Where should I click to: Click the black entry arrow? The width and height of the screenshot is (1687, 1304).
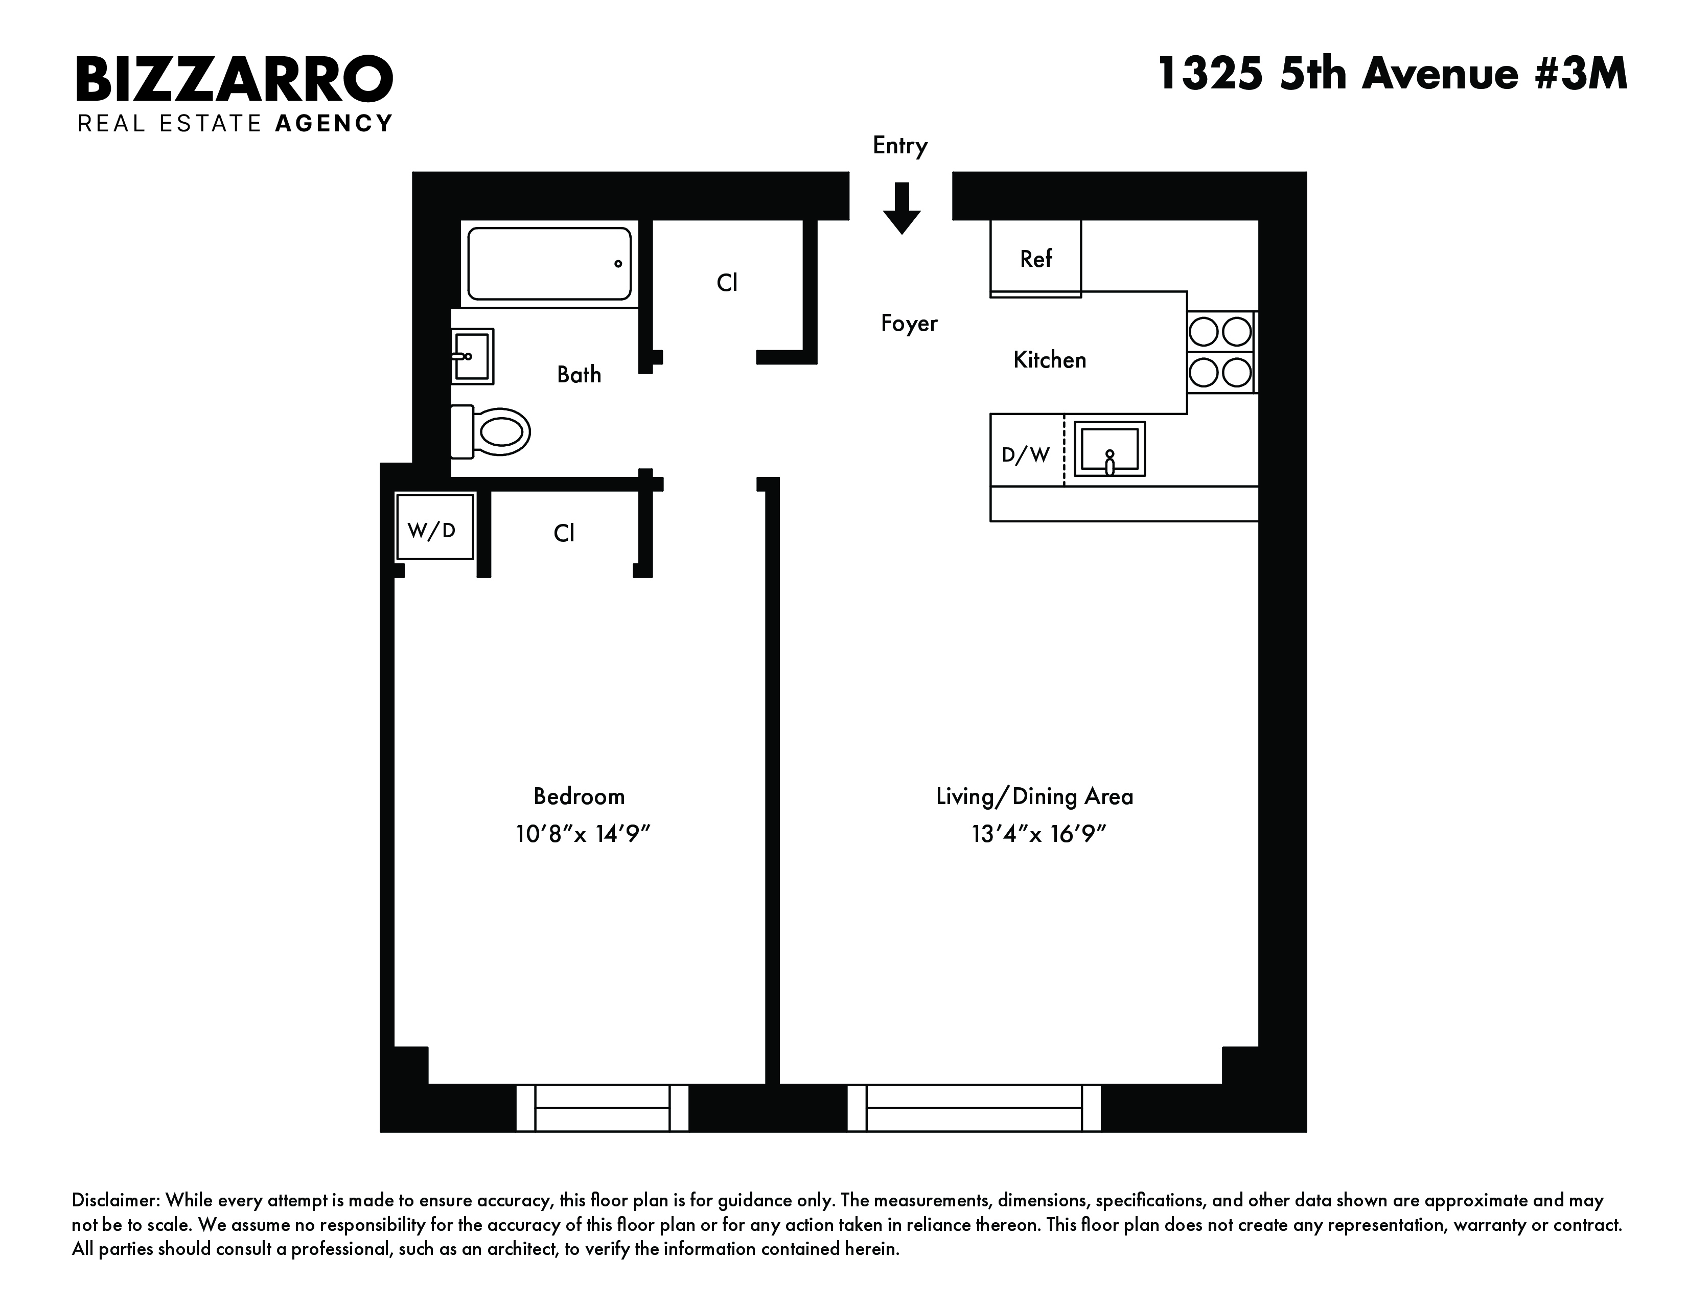902,208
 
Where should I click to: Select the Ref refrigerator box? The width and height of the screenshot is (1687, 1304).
1036,258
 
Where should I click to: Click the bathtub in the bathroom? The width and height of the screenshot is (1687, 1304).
549,263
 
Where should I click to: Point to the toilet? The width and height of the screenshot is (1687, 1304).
491,431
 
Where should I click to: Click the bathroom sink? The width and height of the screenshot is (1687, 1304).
472,356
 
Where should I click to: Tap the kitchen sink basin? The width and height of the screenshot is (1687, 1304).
1109,449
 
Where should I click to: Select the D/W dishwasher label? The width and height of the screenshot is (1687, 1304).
1026,455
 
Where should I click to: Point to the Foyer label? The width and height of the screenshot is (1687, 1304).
909,323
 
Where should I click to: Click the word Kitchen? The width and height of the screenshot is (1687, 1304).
1050,359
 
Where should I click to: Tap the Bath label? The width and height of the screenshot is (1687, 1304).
579,375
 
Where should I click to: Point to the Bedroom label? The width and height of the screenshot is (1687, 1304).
579,796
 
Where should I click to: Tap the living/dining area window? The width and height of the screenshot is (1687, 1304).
974,1108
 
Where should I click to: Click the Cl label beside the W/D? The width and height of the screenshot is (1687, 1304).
564,533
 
